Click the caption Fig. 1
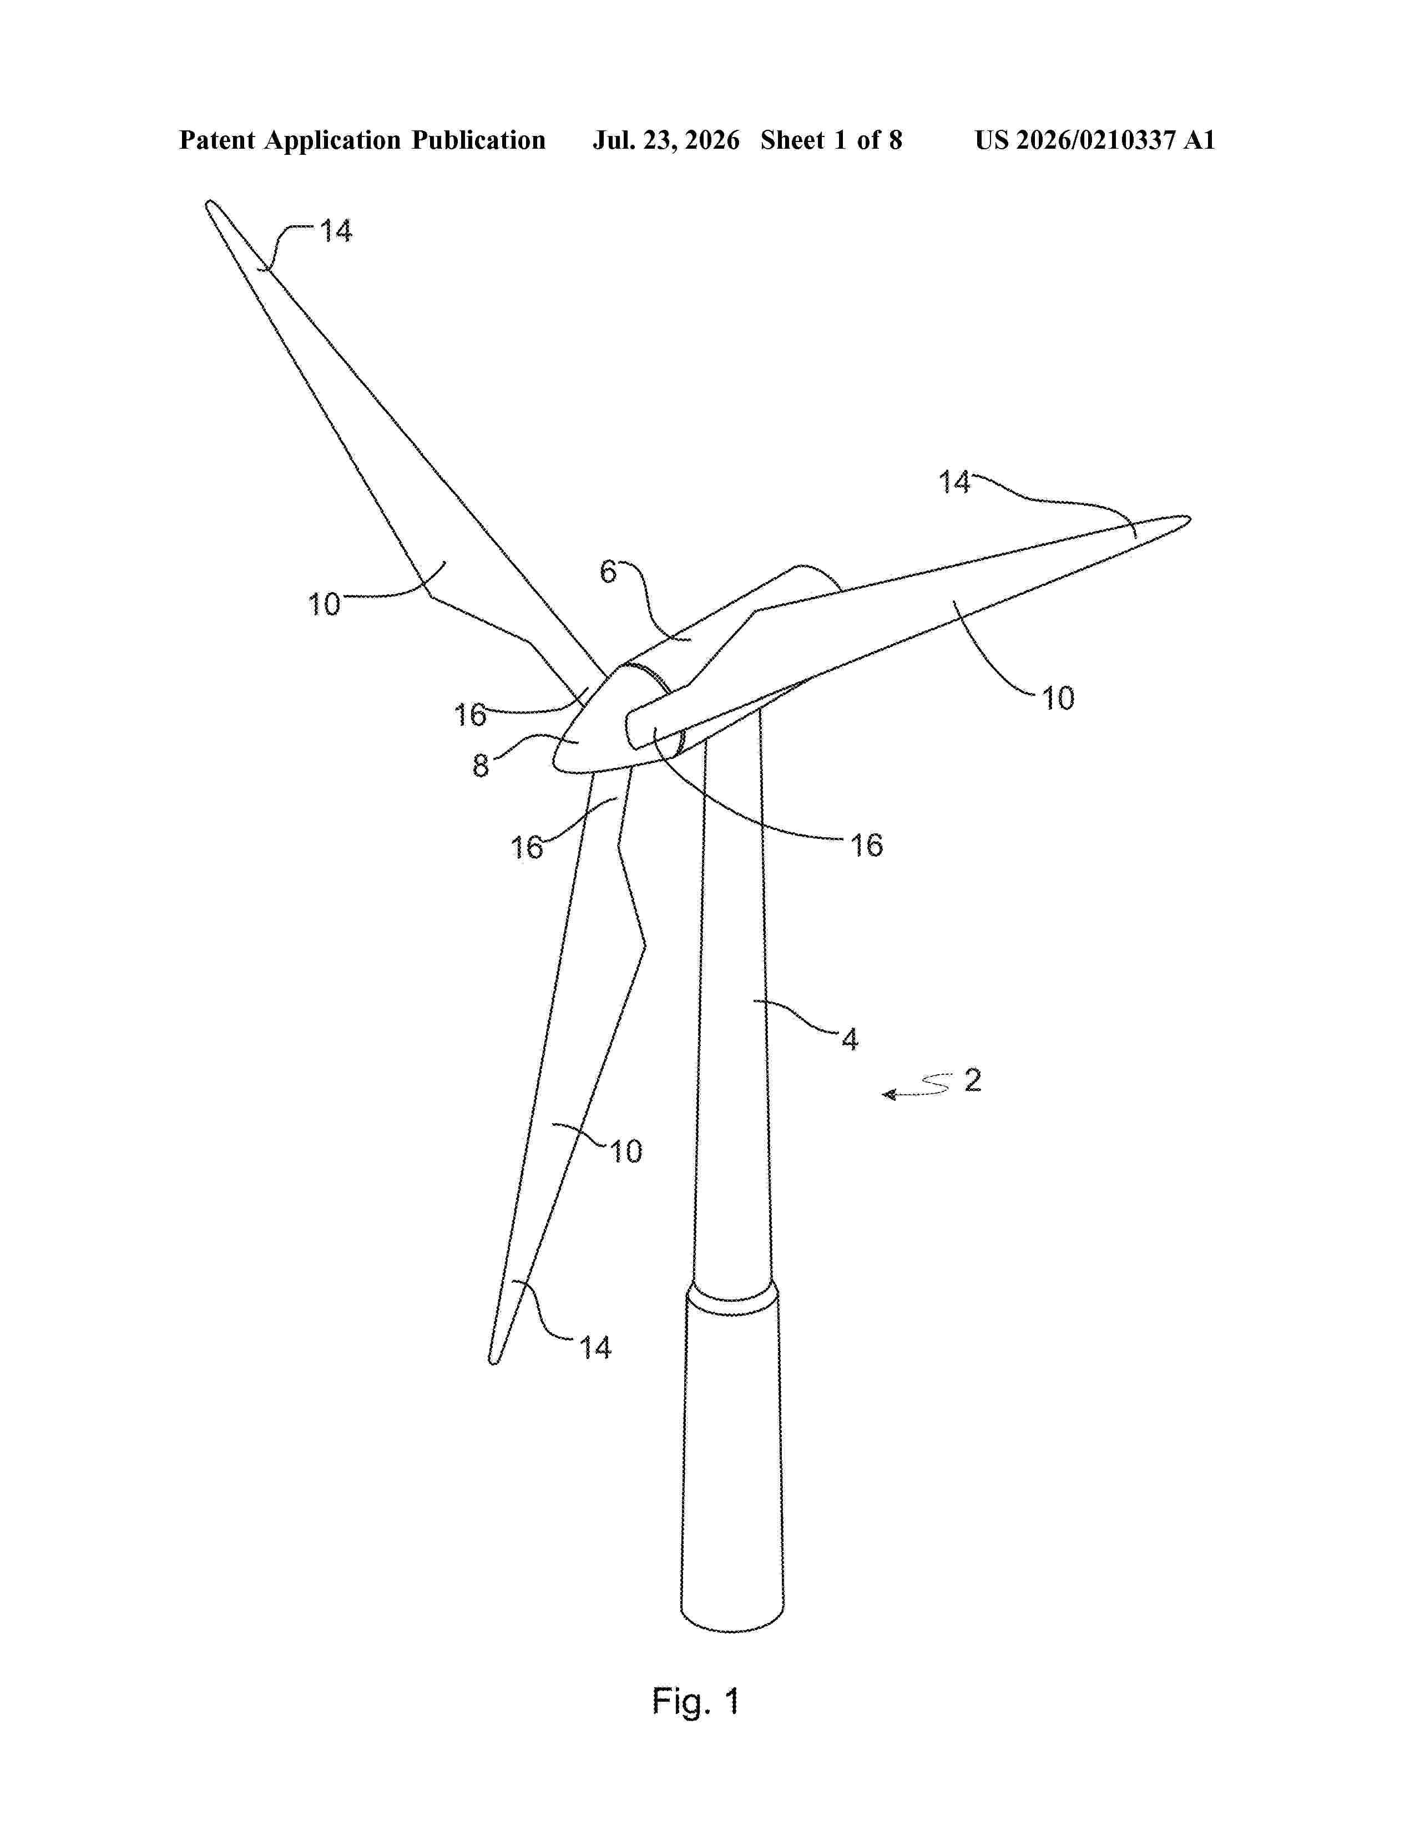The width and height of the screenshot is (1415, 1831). pyautogui.click(x=696, y=1702)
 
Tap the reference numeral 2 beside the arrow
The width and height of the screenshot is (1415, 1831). pyautogui.click(x=972, y=1080)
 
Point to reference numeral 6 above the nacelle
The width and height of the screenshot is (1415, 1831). pyautogui.click(x=608, y=573)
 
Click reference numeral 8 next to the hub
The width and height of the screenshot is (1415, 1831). pyautogui.click(x=481, y=766)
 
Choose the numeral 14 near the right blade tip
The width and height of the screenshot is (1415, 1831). pyautogui.click(x=954, y=482)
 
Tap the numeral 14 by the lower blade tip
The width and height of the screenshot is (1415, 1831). pyautogui.click(x=596, y=1348)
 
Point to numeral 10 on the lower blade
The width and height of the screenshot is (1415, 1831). pyautogui.click(x=625, y=1152)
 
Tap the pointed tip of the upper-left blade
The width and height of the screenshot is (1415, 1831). pyautogui.click(x=208, y=202)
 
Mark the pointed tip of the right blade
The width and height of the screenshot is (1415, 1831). pyautogui.click(x=1189, y=519)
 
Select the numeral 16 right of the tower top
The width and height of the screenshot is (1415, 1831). pyautogui.click(x=867, y=845)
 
